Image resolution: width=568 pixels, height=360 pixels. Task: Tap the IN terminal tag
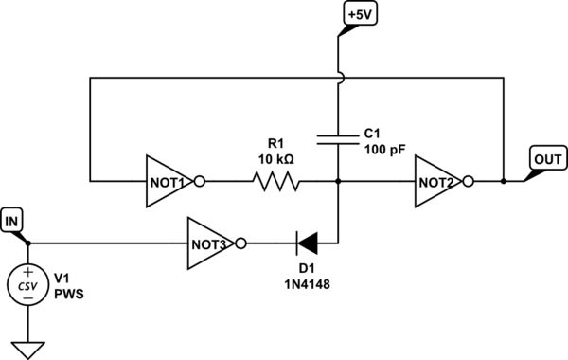13,222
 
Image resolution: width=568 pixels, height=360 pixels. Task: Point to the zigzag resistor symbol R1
275,180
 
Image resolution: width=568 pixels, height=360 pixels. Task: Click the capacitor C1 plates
338,140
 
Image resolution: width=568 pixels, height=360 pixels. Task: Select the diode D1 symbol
309,243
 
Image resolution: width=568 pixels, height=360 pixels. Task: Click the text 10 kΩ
275,159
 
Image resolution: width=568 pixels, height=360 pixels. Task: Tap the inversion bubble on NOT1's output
200,180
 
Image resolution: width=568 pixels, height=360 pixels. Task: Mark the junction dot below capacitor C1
338,180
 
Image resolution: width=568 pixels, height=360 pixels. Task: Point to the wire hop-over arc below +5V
339,79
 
